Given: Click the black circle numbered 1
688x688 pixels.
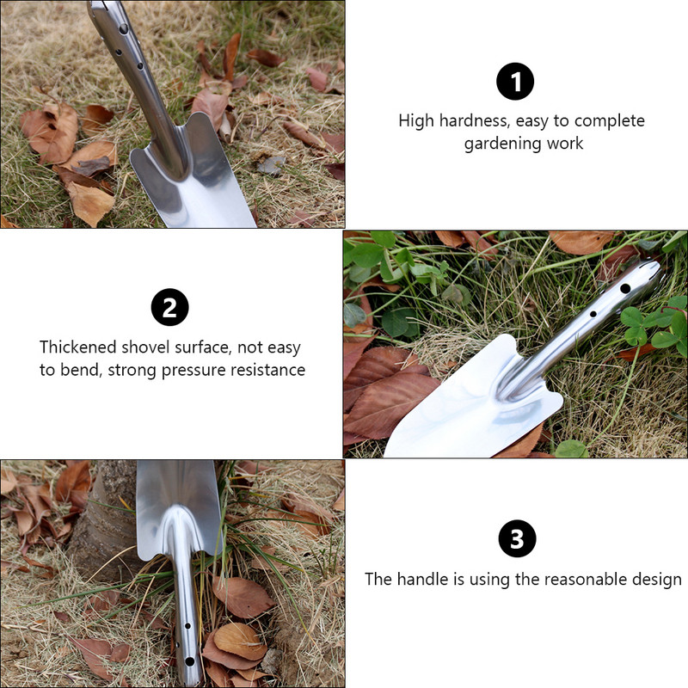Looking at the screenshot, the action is (x=515, y=81).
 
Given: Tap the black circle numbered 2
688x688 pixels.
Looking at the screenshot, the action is (x=169, y=307).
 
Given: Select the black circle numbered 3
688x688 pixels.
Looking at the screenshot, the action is (x=518, y=538).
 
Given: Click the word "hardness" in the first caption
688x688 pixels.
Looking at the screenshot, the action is (x=475, y=120).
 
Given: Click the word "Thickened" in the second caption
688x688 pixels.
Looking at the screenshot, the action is (x=78, y=347).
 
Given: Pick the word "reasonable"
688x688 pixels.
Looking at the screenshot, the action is (x=582, y=580).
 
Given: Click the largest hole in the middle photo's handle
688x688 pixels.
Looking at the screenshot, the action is (x=625, y=289).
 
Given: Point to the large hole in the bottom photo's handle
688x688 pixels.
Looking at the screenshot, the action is (x=189, y=660).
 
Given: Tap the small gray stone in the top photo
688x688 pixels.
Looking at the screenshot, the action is (x=271, y=165).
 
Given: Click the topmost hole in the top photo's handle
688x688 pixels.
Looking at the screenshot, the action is (x=123, y=29).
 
